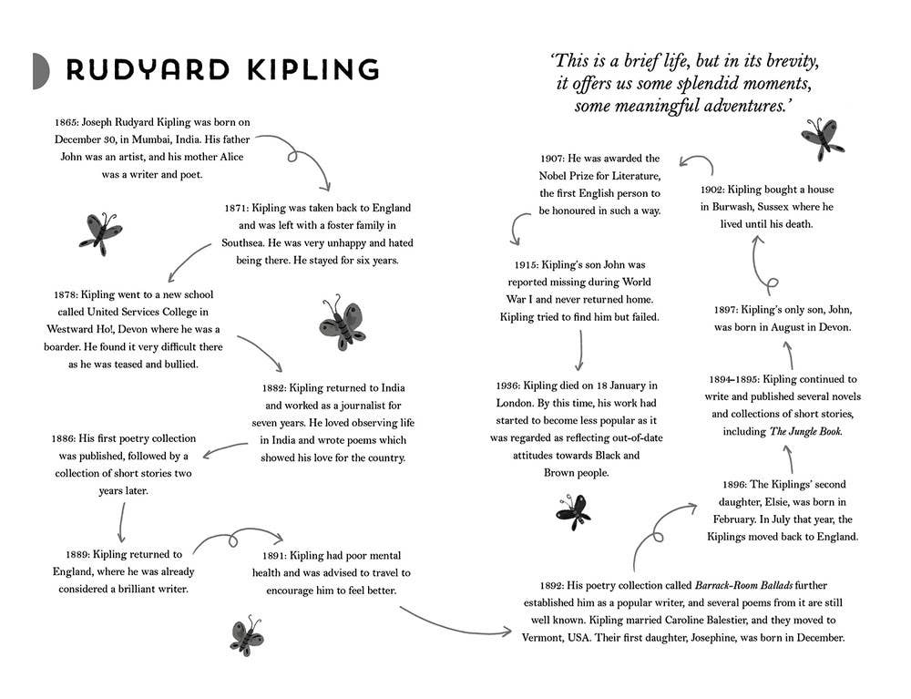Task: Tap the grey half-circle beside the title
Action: pos(40,71)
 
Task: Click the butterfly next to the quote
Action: pos(822,138)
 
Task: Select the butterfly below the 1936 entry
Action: pos(573,511)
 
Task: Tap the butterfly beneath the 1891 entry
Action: pos(246,635)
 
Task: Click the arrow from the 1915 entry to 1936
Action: pos(580,350)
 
